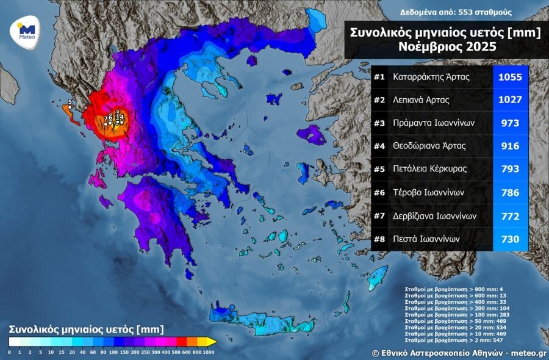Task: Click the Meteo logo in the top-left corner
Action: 26,30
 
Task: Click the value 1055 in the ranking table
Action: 510,77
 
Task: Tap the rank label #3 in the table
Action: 379,123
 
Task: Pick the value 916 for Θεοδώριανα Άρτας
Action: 510,146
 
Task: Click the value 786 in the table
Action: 510,193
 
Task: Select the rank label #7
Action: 379,216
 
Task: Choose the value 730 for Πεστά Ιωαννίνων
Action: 510,239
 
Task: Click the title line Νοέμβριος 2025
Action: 446,47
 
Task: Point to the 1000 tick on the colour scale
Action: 209,352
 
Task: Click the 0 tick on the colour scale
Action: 9,352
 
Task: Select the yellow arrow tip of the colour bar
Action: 212,342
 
